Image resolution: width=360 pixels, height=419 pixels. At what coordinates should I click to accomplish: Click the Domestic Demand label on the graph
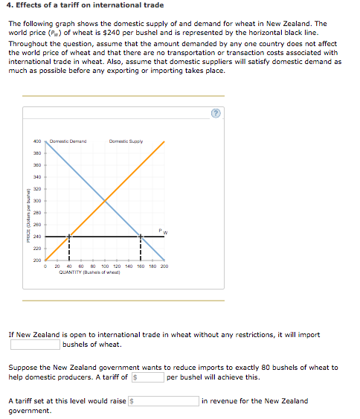[68, 141]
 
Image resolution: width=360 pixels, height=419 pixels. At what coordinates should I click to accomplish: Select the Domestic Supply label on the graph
[126, 141]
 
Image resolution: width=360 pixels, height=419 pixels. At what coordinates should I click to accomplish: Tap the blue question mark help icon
[216, 113]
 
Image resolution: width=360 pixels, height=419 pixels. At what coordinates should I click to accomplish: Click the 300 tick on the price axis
[37, 201]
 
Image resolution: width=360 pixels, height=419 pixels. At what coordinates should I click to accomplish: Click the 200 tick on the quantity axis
[164, 266]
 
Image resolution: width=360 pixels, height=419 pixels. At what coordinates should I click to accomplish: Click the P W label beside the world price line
[164, 231]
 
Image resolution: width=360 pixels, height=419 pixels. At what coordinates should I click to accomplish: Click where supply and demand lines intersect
[105, 200]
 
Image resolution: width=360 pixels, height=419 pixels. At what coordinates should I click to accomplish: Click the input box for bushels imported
[34, 345]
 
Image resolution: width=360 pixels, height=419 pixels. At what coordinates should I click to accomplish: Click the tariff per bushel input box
[149, 377]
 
